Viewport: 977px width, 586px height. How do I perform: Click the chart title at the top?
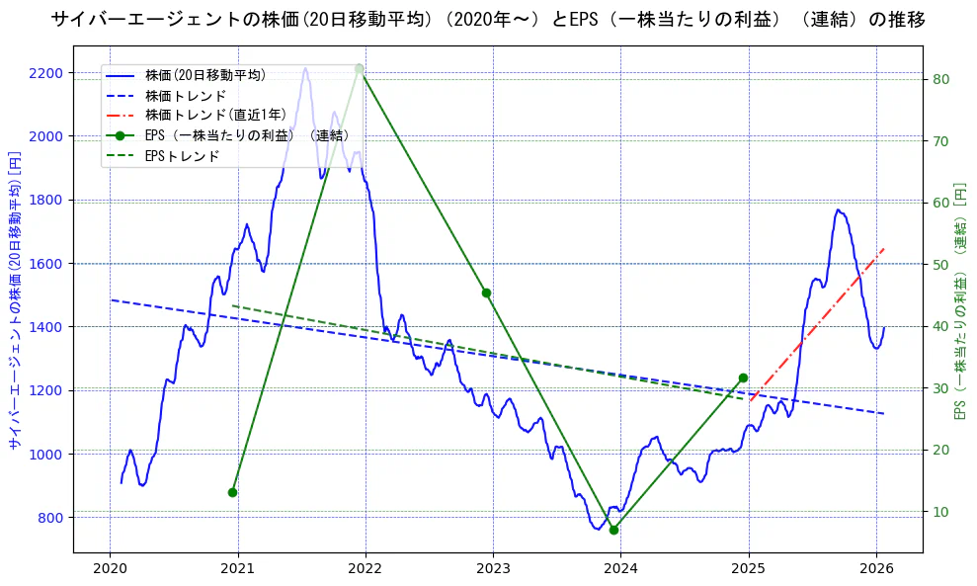click(x=488, y=20)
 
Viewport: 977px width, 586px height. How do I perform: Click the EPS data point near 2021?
click(x=232, y=492)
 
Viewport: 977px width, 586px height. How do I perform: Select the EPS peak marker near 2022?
click(x=359, y=68)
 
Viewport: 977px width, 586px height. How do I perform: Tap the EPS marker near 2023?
click(x=486, y=293)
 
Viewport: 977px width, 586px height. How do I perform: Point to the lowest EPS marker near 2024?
click(x=613, y=530)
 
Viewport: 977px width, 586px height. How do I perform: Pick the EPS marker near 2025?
click(x=743, y=377)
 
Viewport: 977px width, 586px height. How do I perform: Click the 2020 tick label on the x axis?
click(x=110, y=569)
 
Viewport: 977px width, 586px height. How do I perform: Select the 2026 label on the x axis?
click(x=876, y=569)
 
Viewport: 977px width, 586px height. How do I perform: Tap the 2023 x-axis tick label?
click(x=493, y=569)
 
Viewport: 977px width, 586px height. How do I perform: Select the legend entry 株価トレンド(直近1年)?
click(x=215, y=116)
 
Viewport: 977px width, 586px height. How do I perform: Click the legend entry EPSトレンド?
click(x=182, y=156)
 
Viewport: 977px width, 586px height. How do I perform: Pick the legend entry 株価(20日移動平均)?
click(x=204, y=75)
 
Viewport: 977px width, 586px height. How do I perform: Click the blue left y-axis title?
click(x=15, y=299)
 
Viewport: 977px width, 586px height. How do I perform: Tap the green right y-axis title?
click(x=959, y=299)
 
